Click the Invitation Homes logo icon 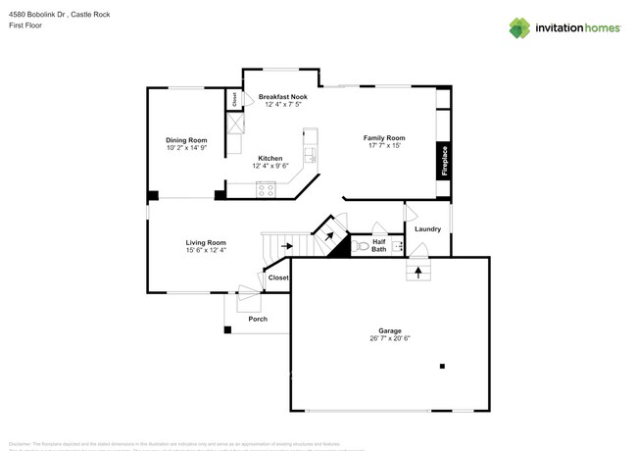click(519, 27)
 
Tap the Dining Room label click(185, 140)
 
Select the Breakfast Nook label click(283, 97)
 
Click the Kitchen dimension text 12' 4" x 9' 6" click(270, 166)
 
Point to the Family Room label click(385, 138)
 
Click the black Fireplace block click(443, 161)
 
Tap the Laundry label click(427, 228)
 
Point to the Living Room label click(206, 242)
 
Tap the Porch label click(258, 319)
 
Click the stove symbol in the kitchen click(266, 189)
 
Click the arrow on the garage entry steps click(418, 271)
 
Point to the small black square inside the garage click(443, 366)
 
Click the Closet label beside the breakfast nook click(234, 99)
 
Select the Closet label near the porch click(278, 277)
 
